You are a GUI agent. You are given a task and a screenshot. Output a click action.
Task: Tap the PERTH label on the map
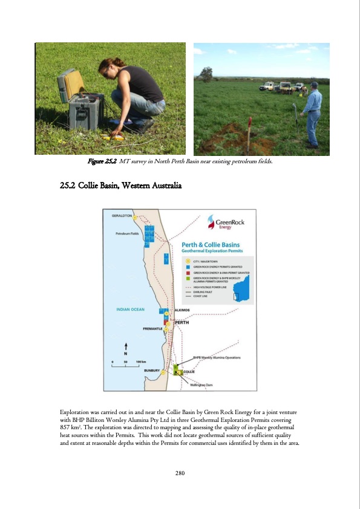[183, 322]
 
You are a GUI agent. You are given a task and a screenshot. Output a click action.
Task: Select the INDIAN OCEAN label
[130, 310]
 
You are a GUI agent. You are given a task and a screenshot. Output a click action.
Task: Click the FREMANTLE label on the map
[154, 329]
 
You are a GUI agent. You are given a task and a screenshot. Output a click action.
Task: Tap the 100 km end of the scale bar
[141, 361]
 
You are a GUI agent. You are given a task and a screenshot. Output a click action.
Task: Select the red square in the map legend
[188, 273]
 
